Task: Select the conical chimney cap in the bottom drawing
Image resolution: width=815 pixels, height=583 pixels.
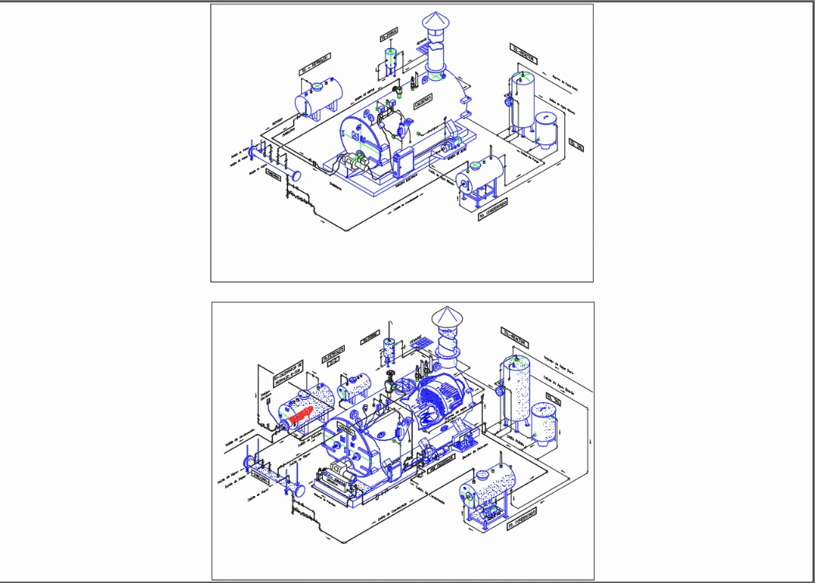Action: pyautogui.click(x=446, y=316)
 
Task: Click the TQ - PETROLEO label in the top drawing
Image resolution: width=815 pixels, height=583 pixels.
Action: pyautogui.click(x=314, y=64)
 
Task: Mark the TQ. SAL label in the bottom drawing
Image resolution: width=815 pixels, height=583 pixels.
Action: pyautogui.click(x=553, y=399)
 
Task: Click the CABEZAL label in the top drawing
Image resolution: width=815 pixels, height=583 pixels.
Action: pyautogui.click(x=272, y=176)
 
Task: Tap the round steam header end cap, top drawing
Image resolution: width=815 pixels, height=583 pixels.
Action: pyautogui.click(x=296, y=175)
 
